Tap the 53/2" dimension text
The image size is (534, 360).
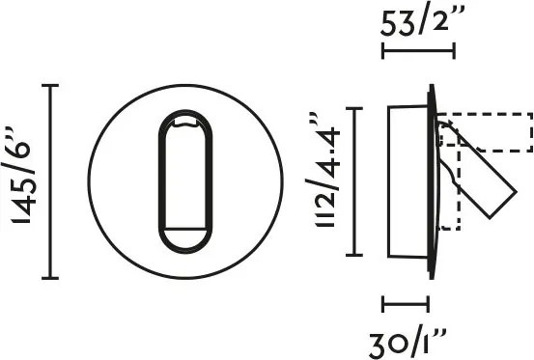pyautogui.click(x=423, y=22)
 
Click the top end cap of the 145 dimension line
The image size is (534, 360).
pyautogui.click(x=50, y=85)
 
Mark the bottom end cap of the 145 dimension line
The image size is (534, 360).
pyautogui.click(x=50, y=278)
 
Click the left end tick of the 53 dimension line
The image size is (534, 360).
pyautogui.click(x=383, y=51)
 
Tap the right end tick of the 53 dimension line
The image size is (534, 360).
pyautogui.click(x=454, y=51)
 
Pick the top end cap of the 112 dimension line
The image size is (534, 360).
pyautogui.click(x=354, y=108)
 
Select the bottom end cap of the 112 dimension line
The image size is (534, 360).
pyautogui.click(x=354, y=255)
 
